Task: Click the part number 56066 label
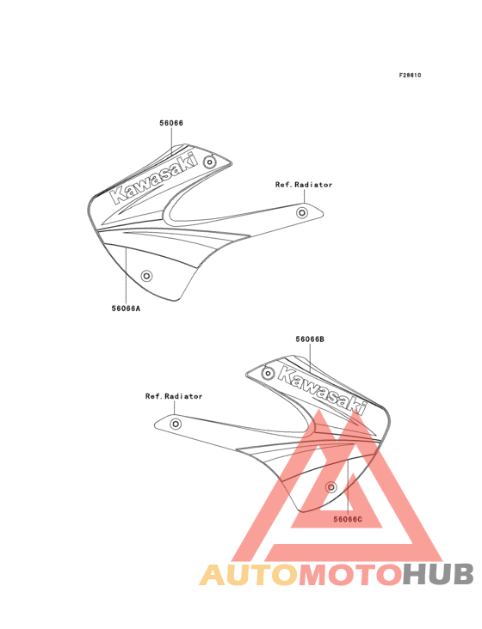171,123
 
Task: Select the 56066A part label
127,308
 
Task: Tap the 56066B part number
310,339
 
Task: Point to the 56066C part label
348,520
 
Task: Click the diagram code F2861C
410,76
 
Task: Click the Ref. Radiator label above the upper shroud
304,185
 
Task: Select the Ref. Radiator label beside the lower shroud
174,396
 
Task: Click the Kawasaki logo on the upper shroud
155,178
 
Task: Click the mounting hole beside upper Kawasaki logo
209,162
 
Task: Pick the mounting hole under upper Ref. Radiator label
302,212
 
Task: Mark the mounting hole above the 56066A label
146,276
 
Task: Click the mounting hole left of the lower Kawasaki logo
268,374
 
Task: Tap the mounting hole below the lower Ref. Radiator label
175,424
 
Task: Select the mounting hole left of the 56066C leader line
331,487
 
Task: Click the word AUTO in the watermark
249,575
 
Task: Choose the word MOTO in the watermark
351,575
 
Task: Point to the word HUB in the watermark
438,575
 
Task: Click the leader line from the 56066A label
127,276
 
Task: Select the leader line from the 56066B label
311,357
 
